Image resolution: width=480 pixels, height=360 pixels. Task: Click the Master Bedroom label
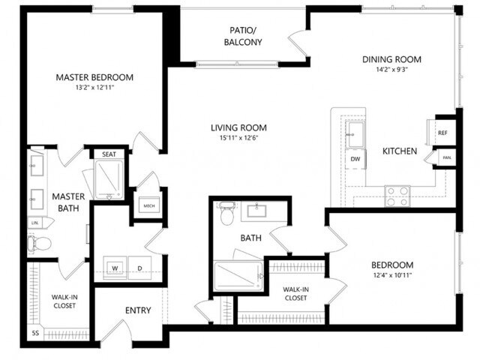coord(94,77)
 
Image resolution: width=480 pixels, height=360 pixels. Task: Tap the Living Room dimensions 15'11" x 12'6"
coord(238,139)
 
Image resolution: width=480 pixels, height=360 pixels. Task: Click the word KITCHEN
coord(400,151)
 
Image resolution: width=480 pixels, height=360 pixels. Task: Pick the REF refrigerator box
coord(442,133)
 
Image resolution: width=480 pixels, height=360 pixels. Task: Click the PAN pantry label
coord(447,158)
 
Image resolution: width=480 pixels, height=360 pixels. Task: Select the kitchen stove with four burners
coord(397,195)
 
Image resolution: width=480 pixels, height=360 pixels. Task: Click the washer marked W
coord(116,268)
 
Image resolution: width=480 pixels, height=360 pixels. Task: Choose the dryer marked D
coord(139,268)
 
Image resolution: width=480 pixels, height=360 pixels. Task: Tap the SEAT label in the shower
coord(108,154)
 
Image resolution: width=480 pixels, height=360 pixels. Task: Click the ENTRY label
coord(138,310)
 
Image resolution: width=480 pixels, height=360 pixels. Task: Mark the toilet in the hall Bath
coord(227,213)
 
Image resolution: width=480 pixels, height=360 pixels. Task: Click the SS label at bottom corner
coord(35,332)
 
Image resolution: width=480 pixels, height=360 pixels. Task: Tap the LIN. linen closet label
coord(34,223)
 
